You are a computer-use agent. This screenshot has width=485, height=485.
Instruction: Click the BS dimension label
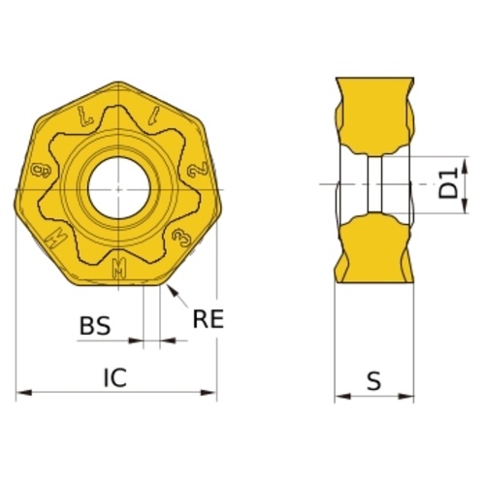(x=95, y=325)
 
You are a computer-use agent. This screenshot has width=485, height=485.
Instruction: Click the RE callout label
(x=209, y=319)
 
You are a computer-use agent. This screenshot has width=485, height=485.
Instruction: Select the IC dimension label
(x=115, y=377)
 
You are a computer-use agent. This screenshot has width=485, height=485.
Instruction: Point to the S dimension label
(x=374, y=381)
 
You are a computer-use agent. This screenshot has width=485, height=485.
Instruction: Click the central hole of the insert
(x=119, y=188)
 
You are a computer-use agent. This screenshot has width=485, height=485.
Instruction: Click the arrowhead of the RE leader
(x=173, y=290)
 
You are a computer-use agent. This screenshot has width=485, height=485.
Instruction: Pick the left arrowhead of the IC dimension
(x=24, y=393)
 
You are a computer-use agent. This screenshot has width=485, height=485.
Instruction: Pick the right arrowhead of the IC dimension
(x=209, y=393)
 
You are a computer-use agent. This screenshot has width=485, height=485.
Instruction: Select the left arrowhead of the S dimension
(x=342, y=396)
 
